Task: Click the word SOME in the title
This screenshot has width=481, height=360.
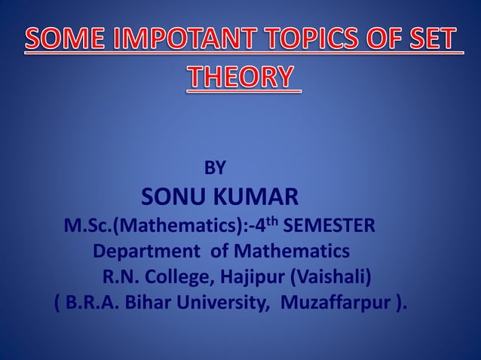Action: [64, 40]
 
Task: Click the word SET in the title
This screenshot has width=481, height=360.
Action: [434, 40]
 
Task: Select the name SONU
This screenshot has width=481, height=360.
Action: [176, 198]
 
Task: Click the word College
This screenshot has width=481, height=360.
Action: [178, 278]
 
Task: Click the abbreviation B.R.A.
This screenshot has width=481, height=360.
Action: [90, 304]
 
